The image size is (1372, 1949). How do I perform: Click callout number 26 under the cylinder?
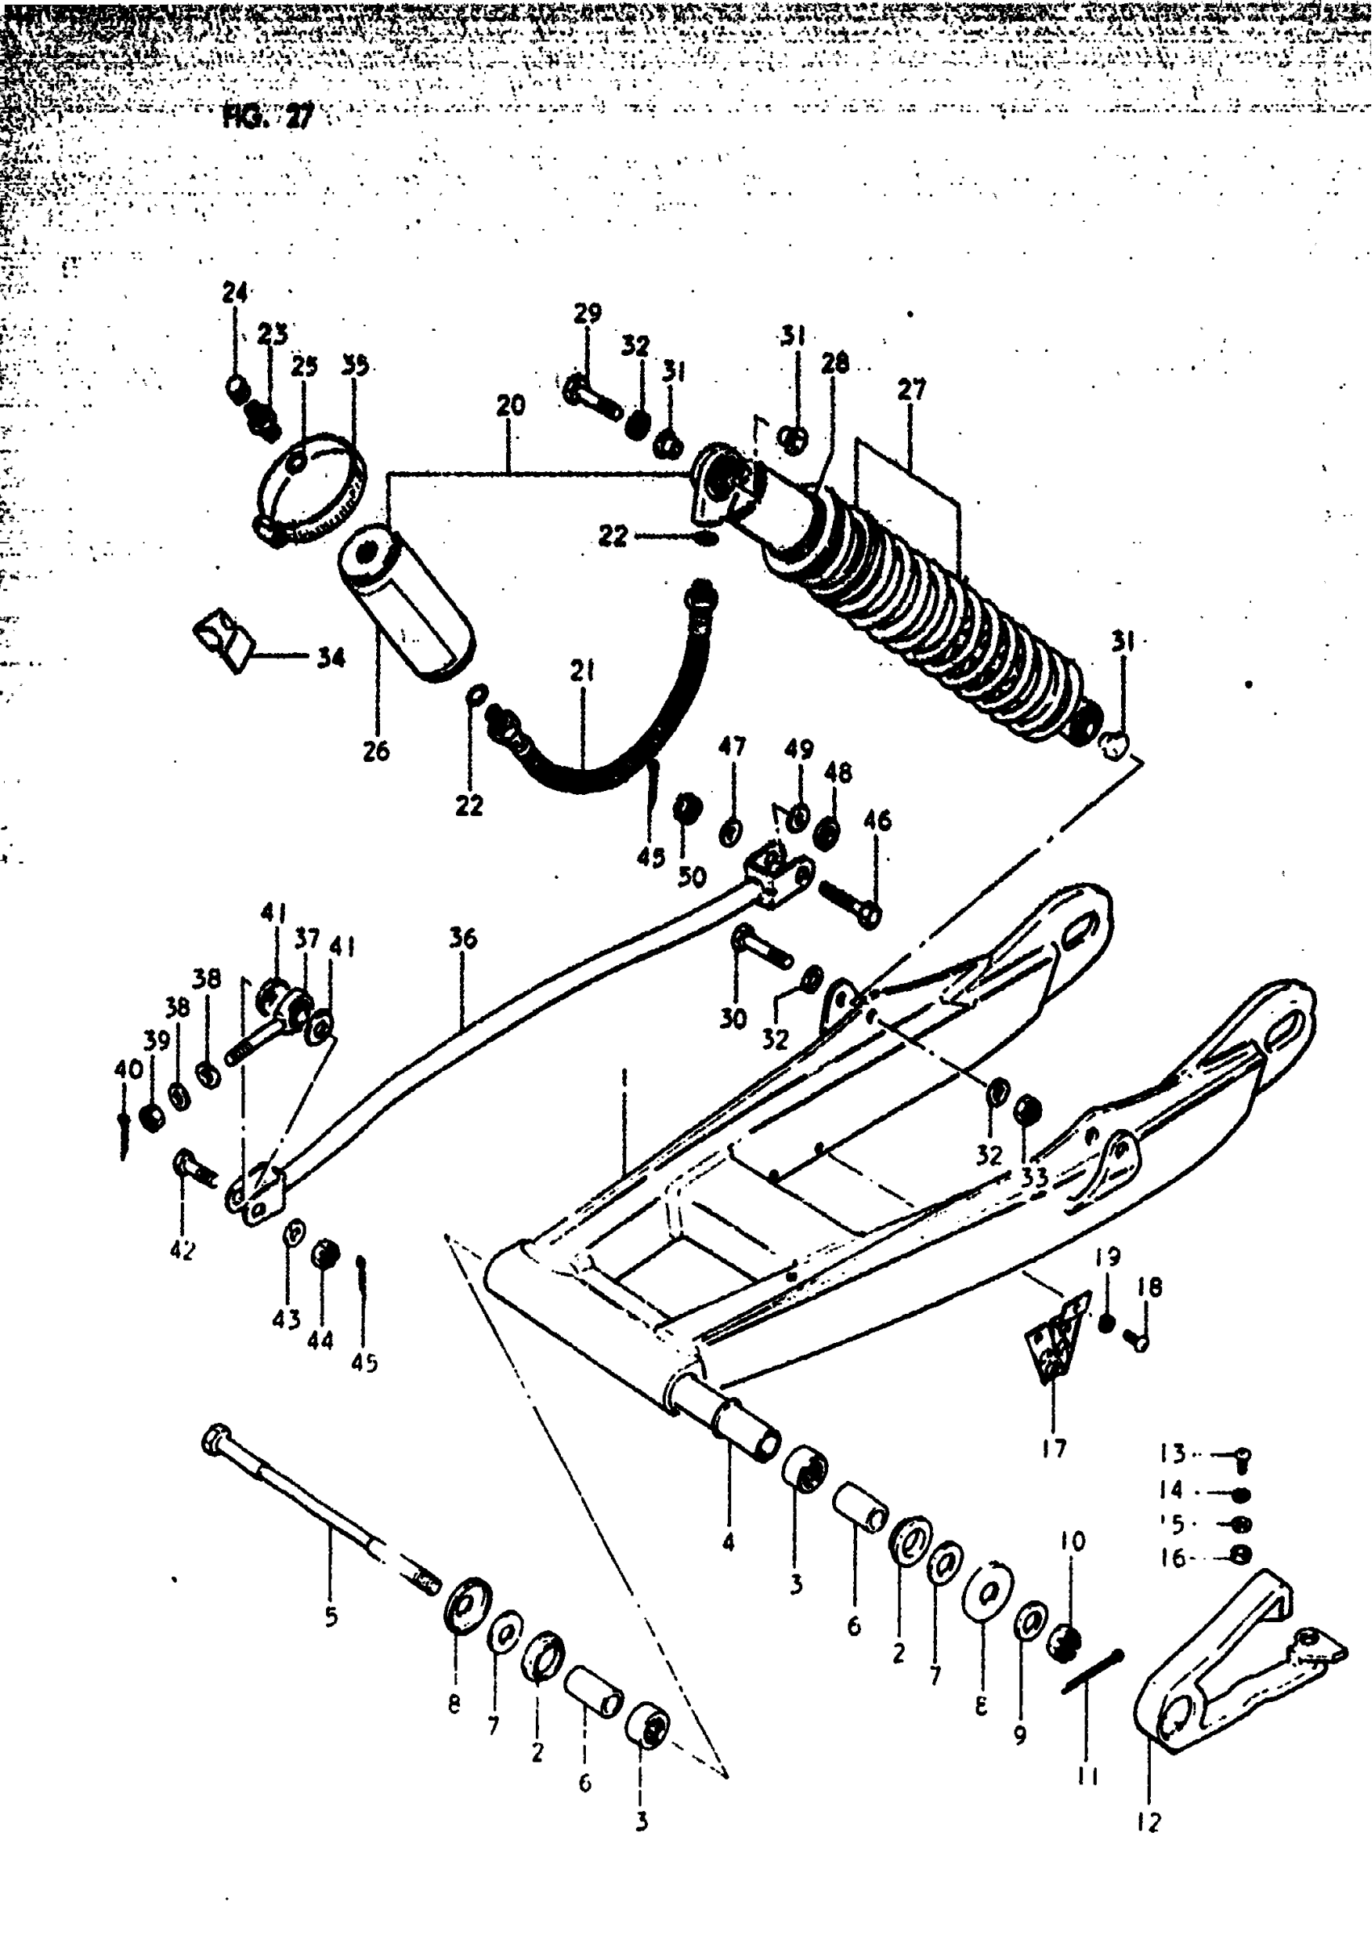(x=376, y=751)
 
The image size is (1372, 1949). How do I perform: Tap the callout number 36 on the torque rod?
(x=462, y=938)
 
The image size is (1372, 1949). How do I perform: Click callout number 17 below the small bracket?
(x=1054, y=1448)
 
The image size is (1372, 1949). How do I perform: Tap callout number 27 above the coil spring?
(x=911, y=390)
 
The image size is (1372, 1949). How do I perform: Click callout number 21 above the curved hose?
(x=583, y=671)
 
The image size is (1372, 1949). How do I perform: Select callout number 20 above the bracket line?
(x=511, y=405)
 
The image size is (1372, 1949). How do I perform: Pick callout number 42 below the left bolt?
(x=182, y=1249)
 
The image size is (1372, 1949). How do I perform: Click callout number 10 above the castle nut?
(x=1073, y=1541)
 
